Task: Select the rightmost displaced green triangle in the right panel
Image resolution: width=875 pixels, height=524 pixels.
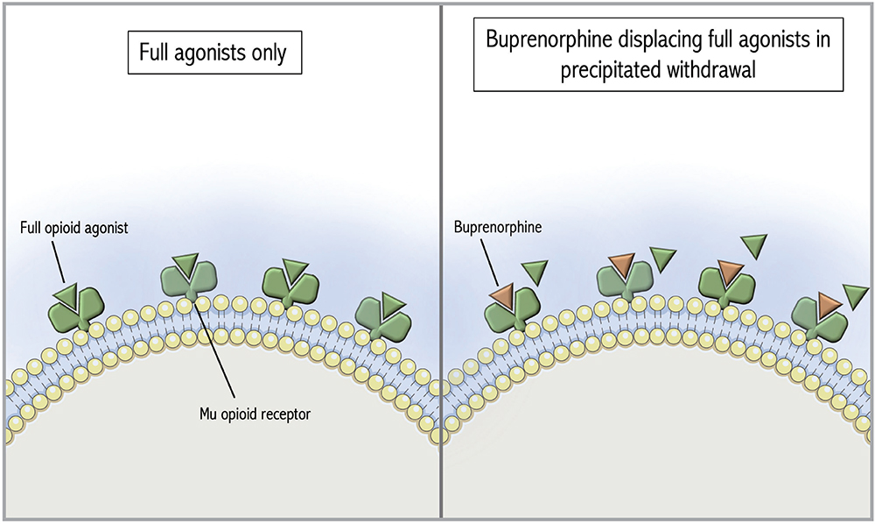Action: (854, 295)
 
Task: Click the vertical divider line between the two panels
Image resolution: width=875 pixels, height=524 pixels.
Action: (440, 263)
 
